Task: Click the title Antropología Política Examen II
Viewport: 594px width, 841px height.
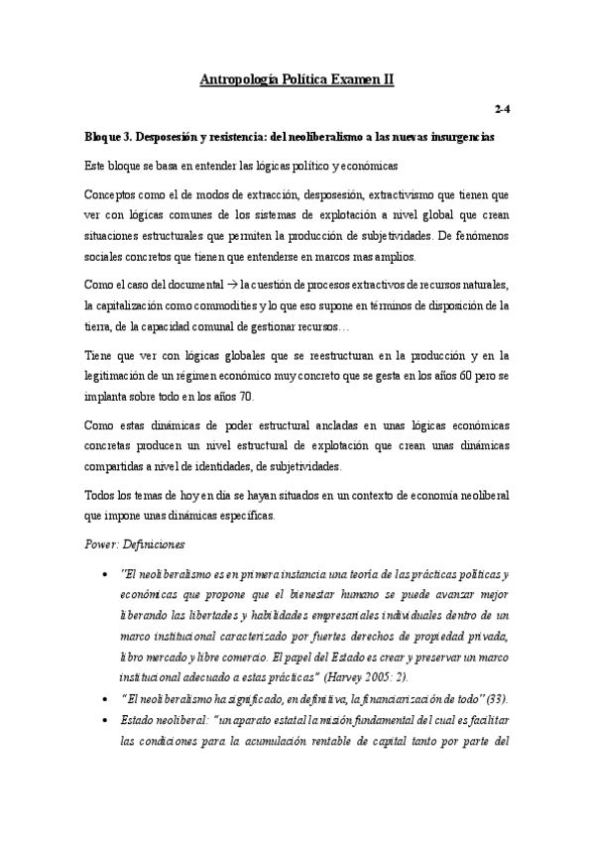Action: tap(297, 78)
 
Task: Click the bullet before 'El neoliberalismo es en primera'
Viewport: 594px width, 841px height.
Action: tap(106, 574)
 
